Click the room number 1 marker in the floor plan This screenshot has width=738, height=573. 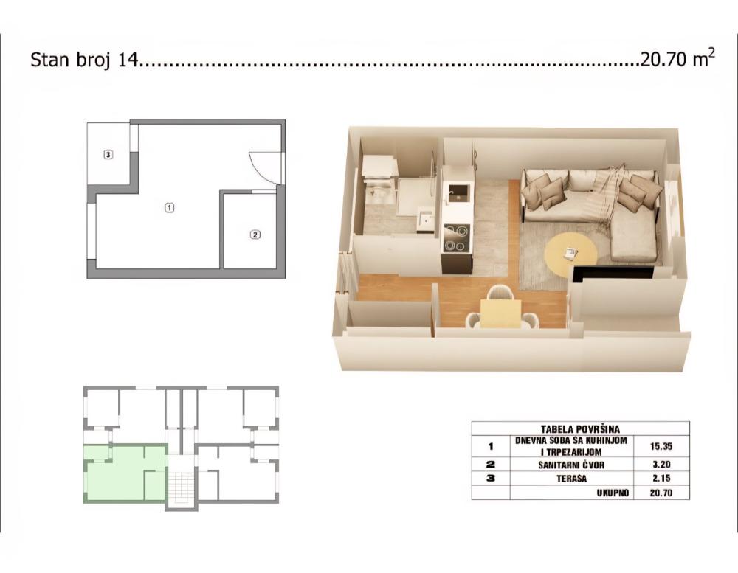[x=169, y=207]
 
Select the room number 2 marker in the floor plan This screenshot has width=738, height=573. [x=255, y=235]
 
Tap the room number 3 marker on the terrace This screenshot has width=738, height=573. [x=108, y=155]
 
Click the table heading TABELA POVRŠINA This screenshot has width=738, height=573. [x=580, y=428]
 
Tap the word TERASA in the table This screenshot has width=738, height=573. [x=573, y=479]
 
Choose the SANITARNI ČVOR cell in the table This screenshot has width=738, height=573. [x=573, y=465]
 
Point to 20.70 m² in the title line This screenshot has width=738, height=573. [x=677, y=60]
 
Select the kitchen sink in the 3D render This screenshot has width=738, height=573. [x=458, y=192]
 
